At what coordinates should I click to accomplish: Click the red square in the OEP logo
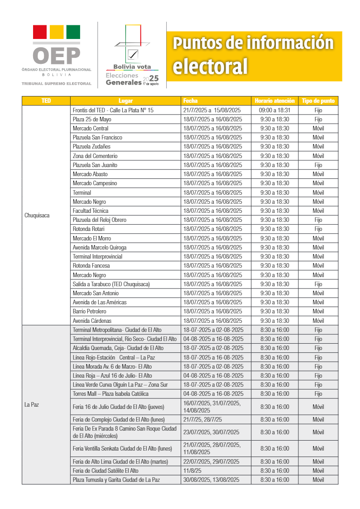(x=40, y=32)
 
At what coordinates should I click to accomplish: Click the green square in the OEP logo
(x=73, y=32)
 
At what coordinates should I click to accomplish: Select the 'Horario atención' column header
(x=274, y=101)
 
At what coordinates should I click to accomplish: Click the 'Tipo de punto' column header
(x=318, y=101)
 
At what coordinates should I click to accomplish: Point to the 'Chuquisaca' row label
(x=37, y=215)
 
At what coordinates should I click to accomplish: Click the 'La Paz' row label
(x=32, y=404)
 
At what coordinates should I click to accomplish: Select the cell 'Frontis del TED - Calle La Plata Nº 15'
(x=113, y=110)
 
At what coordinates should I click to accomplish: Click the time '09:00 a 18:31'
(x=274, y=110)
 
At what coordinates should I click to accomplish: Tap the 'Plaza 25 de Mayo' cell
(x=92, y=119)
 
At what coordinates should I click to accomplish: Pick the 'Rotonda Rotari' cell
(x=89, y=229)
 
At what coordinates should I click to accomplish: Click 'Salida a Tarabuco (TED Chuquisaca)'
(x=111, y=284)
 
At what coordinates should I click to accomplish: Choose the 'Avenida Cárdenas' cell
(x=92, y=321)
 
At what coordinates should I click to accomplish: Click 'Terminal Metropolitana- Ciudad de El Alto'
(x=117, y=330)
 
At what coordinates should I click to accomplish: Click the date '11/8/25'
(x=192, y=471)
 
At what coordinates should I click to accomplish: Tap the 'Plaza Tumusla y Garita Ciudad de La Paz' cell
(x=116, y=480)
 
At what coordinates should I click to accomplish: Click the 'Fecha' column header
(x=191, y=101)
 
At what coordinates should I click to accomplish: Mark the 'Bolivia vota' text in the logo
(x=132, y=67)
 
